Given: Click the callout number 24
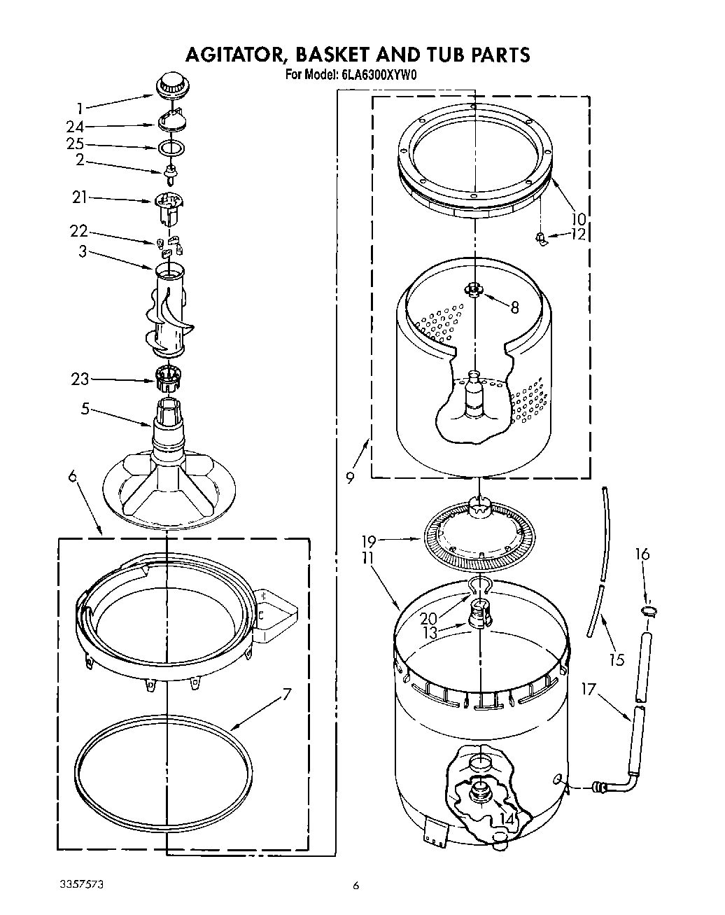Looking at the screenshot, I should point(75,127).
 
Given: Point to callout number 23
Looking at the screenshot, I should point(80,379).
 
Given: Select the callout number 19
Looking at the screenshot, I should point(369,541).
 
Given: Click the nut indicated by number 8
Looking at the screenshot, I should point(474,288).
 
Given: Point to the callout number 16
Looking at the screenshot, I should point(642,554).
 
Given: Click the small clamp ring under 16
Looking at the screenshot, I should point(649,611).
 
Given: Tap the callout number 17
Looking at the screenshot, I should point(589,690).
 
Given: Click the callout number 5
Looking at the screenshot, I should point(85,408).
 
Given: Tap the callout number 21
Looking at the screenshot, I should point(80,197).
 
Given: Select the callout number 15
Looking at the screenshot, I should point(617,659).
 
